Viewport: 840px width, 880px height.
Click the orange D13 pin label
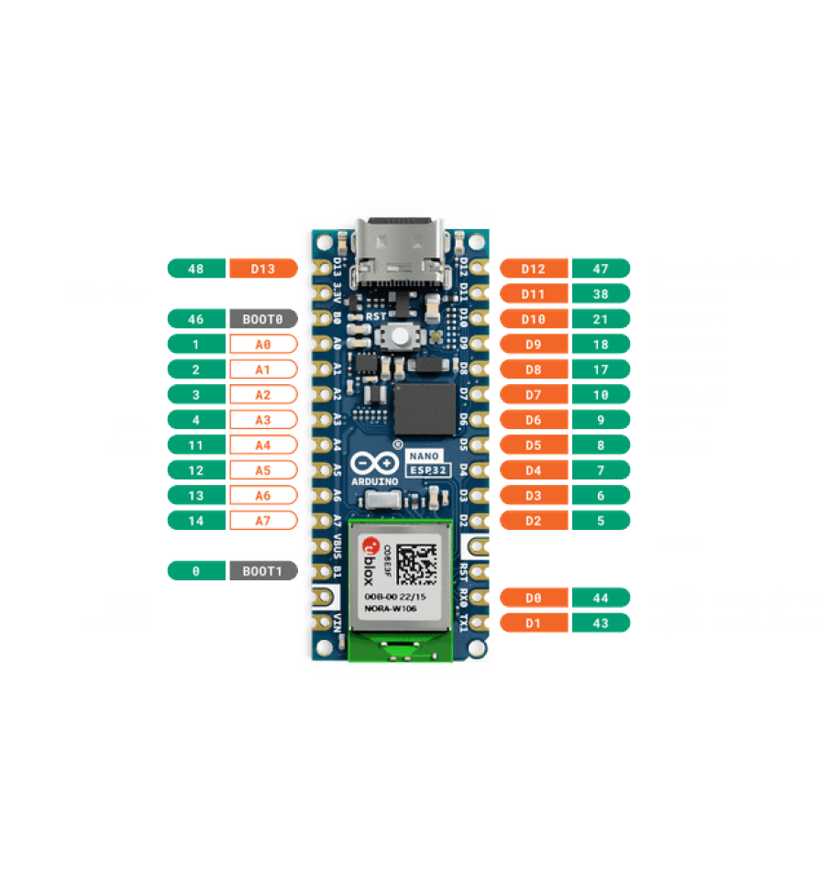(263, 269)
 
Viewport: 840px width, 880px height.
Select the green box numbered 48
(196, 269)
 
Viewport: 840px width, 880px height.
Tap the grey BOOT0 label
(263, 319)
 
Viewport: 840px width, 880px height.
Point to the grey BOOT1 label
(263, 571)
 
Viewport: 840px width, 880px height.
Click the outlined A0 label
(263, 345)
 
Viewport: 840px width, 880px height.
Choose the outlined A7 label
(263, 521)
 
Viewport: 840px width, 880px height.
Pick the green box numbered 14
(196, 521)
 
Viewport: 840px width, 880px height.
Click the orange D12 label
(533, 269)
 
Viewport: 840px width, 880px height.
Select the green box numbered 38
(601, 293)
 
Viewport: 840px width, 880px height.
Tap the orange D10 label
(533, 319)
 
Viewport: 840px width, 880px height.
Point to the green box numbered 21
(601, 319)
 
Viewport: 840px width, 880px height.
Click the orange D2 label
(533, 521)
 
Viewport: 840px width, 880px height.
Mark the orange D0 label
(533, 598)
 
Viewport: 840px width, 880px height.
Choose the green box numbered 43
(601, 623)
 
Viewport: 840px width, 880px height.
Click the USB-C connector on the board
(397, 252)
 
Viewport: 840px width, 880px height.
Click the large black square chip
(426, 410)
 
